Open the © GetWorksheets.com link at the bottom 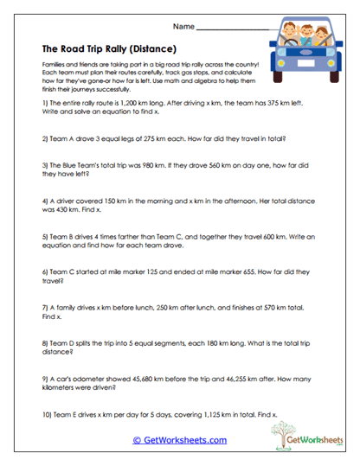tap(179, 439)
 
